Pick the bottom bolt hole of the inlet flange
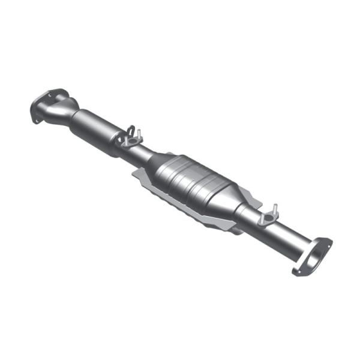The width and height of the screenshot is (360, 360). [x=35, y=119]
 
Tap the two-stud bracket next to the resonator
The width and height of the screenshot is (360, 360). [x=130, y=139]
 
